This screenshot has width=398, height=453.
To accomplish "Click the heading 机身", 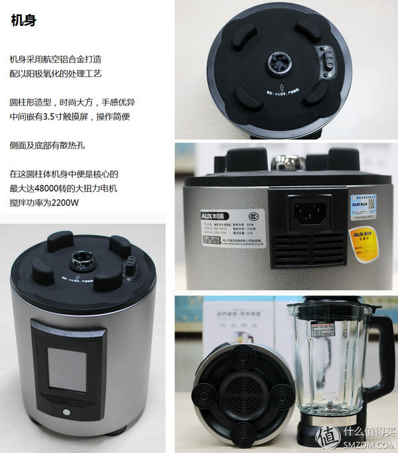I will tap(24, 20).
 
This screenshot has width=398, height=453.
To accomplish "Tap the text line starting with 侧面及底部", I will tap(48, 144).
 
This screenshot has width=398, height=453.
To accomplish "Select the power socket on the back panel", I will tap(310, 213).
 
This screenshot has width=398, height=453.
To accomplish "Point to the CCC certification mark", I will tap(251, 216).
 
